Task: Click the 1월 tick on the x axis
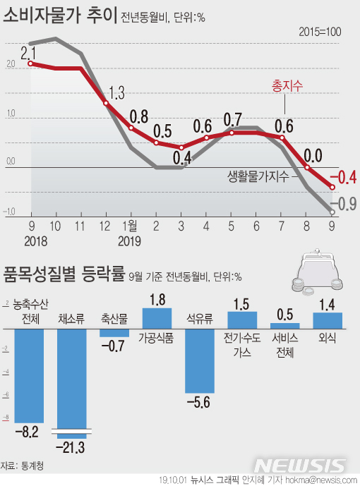[x=131, y=226]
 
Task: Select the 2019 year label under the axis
[x=130, y=241]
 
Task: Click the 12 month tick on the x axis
[x=106, y=226]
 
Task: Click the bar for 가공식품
[x=157, y=318]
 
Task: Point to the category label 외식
[x=328, y=338]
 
